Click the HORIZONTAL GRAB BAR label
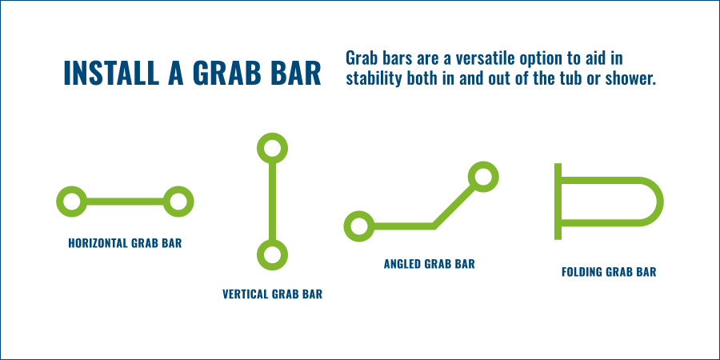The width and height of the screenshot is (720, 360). coord(125,243)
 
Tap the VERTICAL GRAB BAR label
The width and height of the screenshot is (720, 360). coord(272,294)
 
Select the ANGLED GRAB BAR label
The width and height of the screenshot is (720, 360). coord(430,264)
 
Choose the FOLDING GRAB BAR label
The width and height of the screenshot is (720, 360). coord(609,272)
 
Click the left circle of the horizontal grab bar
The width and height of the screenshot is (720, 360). coord(72,201)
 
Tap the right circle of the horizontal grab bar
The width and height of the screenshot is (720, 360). coord(178,201)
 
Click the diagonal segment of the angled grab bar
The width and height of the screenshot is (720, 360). coord(454,206)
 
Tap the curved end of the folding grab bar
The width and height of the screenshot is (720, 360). coord(660,201)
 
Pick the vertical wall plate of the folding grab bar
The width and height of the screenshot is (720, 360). coord(558,201)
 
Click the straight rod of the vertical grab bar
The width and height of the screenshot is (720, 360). coord(272,201)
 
